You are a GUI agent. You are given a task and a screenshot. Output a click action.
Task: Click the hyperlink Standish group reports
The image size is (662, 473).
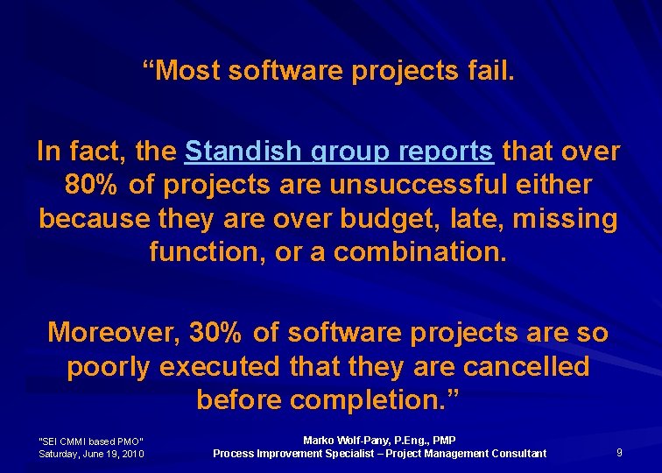[x=339, y=152]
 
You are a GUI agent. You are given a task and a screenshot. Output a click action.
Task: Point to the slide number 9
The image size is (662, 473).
[x=619, y=452]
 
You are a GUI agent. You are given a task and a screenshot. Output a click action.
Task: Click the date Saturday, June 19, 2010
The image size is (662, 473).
[x=91, y=453]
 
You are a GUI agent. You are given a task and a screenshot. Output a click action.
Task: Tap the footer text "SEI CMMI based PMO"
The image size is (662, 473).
[x=91, y=441]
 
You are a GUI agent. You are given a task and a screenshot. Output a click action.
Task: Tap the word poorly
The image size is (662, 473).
[x=109, y=366]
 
